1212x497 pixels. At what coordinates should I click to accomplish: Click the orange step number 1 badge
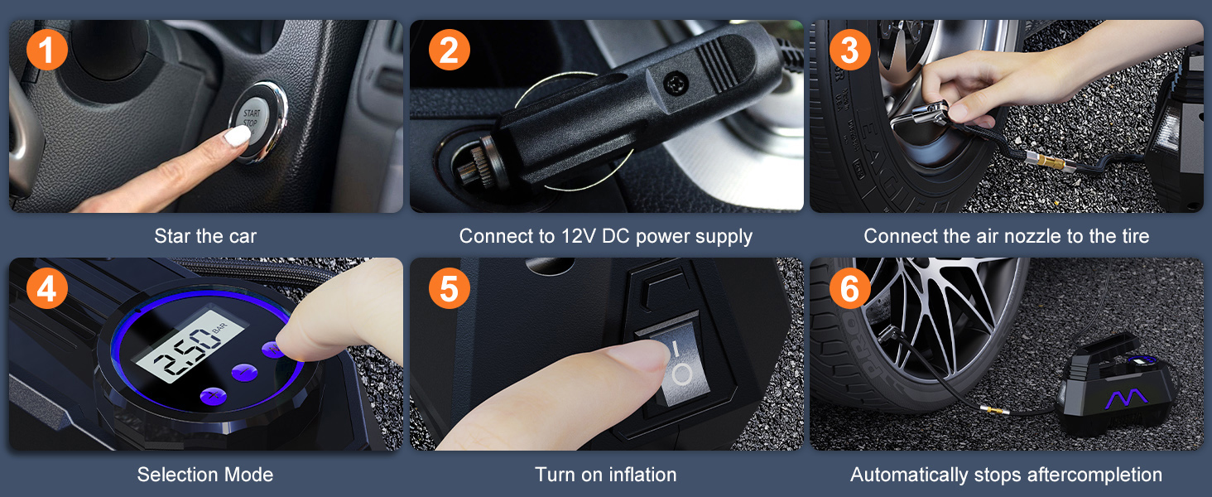[46, 51]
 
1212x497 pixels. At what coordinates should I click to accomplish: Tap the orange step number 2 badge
[449, 51]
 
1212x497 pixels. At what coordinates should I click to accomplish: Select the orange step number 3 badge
[849, 51]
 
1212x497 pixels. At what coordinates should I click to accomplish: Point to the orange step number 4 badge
[46, 287]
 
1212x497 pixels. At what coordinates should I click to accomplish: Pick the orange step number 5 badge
[449, 287]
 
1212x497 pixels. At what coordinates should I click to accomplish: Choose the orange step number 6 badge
[849, 287]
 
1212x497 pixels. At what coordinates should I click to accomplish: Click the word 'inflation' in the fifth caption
[642, 475]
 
